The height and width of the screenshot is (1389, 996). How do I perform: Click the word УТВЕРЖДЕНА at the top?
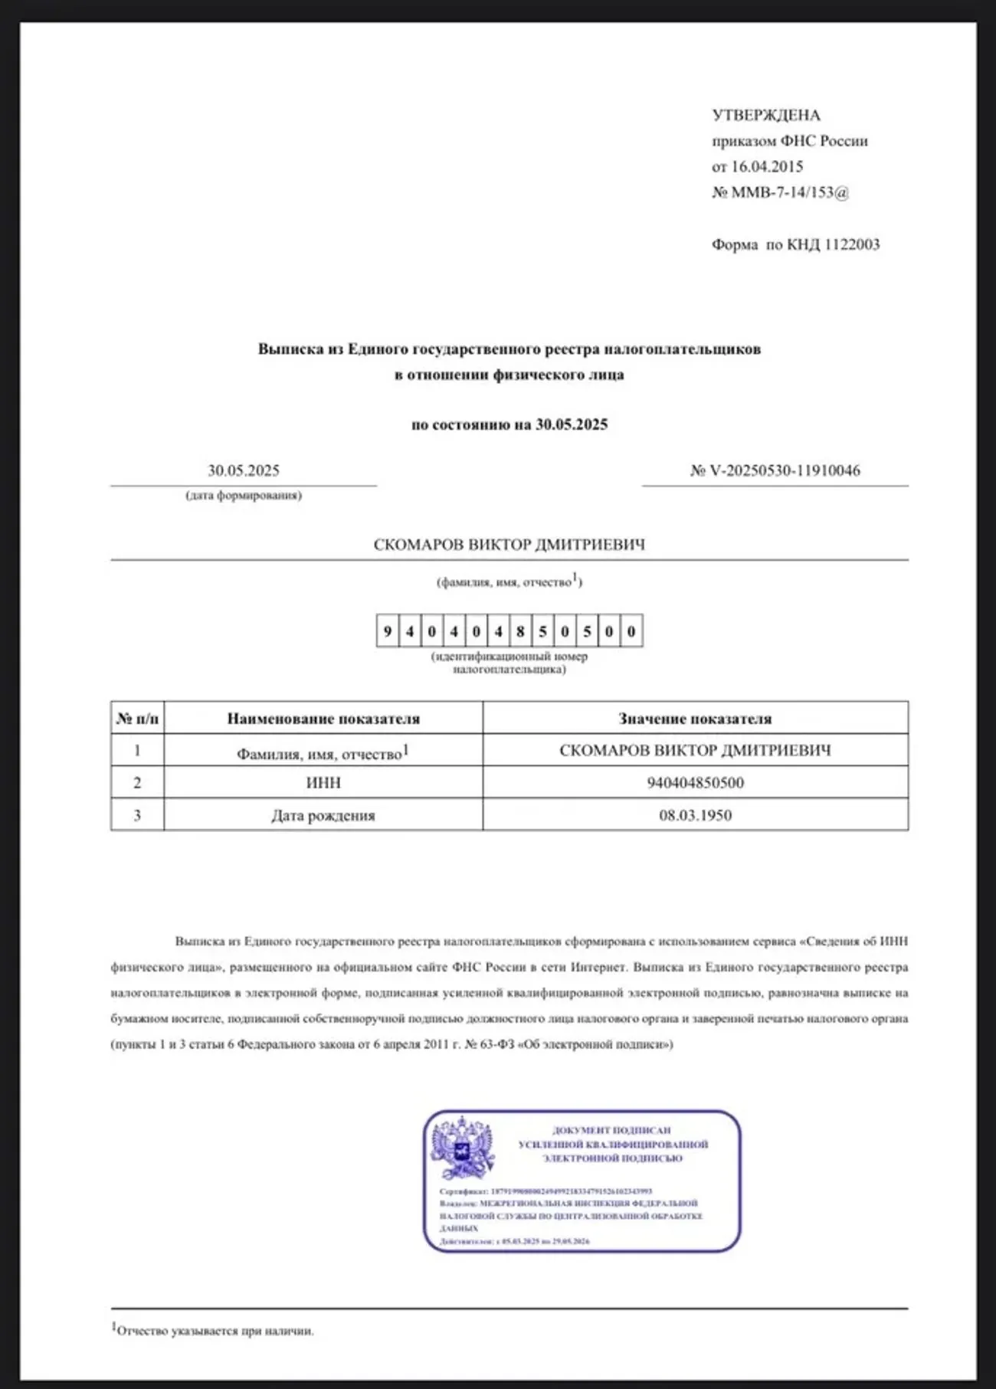(x=765, y=116)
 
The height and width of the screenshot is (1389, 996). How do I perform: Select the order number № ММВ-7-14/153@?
(x=780, y=192)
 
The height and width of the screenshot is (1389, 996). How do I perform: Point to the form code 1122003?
(x=851, y=245)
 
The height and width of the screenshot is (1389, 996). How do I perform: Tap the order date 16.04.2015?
(x=767, y=166)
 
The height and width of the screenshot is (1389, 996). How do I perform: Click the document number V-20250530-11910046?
(x=784, y=470)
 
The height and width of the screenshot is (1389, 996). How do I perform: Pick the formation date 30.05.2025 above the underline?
(x=244, y=470)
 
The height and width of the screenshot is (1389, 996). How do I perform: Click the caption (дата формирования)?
(x=244, y=496)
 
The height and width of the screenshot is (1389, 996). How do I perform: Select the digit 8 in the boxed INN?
(x=520, y=631)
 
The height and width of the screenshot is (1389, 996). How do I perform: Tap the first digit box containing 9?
(x=388, y=631)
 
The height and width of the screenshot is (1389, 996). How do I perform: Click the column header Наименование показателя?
(x=323, y=719)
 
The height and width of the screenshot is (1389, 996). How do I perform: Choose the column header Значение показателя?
(x=695, y=719)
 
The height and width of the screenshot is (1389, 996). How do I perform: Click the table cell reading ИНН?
(x=323, y=782)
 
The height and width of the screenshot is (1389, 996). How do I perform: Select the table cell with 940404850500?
(x=695, y=782)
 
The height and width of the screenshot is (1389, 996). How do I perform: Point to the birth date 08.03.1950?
(x=695, y=815)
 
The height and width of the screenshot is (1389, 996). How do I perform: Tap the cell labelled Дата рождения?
(x=323, y=815)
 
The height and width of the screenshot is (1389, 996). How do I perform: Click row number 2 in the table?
(x=137, y=782)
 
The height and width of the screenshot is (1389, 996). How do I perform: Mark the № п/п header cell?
(x=137, y=719)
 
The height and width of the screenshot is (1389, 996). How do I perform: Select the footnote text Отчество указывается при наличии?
(x=215, y=1332)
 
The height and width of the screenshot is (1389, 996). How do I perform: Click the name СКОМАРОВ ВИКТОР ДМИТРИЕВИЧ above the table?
(x=509, y=545)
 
